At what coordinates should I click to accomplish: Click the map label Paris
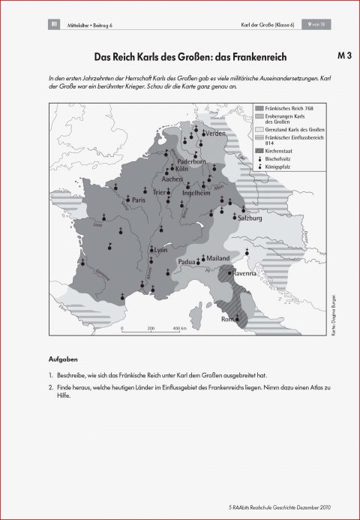[138, 200]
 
